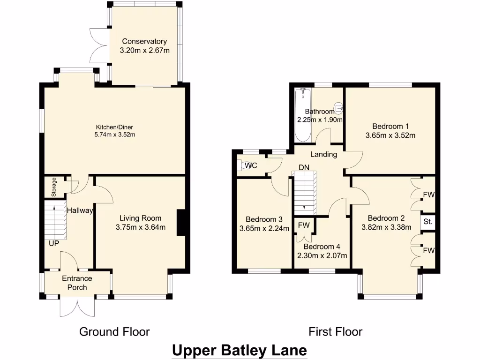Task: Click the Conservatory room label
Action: pyautogui.click(x=144, y=41)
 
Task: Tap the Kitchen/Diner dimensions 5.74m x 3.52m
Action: pyautogui.click(x=115, y=135)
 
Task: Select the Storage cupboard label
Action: pyautogui.click(x=54, y=187)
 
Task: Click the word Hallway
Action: pyautogui.click(x=80, y=211)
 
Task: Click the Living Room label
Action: pyautogui.click(x=140, y=218)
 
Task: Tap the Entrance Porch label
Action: pyautogui.click(x=77, y=283)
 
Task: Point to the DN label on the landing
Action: pyautogui.click(x=304, y=167)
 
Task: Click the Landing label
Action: pyautogui.click(x=324, y=154)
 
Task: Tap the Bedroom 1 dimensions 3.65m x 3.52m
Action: pyautogui.click(x=390, y=135)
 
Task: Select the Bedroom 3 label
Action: pyautogui.click(x=264, y=219)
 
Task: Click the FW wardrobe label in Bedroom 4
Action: pyautogui.click(x=304, y=225)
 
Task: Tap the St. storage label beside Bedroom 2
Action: pyautogui.click(x=427, y=222)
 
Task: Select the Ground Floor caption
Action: pyautogui.click(x=114, y=332)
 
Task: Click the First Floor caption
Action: pyautogui.click(x=335, y=332)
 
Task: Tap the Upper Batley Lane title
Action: pyautogui.click(x=240, y=350)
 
